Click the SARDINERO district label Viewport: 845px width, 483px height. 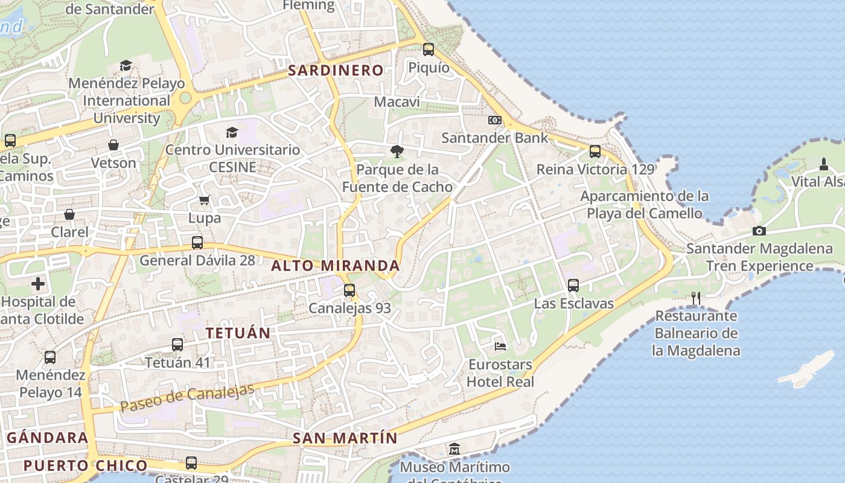336,71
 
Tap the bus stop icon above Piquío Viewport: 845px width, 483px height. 429,50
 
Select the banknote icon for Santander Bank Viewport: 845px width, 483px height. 495,120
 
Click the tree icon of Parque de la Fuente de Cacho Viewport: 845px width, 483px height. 397,152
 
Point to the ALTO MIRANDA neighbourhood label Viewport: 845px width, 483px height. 336,266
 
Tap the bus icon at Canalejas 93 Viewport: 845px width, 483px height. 349,290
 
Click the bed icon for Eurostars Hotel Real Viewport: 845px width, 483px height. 500,346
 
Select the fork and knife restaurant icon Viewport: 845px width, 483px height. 696,298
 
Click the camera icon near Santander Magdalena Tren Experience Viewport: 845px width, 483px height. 759,231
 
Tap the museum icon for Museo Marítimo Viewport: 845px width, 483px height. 454,449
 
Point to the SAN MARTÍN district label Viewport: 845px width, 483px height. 345,438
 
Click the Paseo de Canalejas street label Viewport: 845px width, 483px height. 187,398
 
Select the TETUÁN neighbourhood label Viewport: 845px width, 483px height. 238,333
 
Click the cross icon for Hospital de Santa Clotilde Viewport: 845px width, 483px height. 38,283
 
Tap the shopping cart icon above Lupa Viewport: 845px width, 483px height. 204,200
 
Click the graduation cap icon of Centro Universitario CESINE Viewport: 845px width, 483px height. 232,132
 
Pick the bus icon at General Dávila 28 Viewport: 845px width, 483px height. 197,243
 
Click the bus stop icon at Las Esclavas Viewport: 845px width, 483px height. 573,286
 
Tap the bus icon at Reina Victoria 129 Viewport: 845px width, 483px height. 595,152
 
